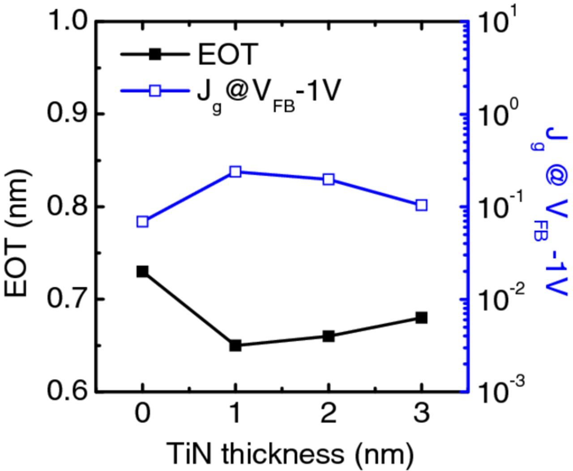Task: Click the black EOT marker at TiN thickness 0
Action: click(x=142, y=272)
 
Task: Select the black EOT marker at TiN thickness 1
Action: click(x=235, y=345)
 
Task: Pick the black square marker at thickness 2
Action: click(x=329, y=336)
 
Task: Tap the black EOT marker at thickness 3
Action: click(x=421, y=318)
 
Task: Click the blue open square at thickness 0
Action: click(x=142, y=222)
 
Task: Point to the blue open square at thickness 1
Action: click(x=235, y=172)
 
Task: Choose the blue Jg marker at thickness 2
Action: click(x=329, y=180)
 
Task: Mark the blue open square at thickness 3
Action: click(x=421, y=205)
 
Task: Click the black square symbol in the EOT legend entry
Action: click(x=155, y=54)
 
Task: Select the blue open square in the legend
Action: click(x=155, y=91)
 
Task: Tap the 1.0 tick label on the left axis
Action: click(x=69, y=21)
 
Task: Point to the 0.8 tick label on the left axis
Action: click(x=69, y=206)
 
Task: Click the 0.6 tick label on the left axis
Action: click(x=69, y=392)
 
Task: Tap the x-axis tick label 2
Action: click(x=329, y=414)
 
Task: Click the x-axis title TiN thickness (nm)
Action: click(x=290, y=454)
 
